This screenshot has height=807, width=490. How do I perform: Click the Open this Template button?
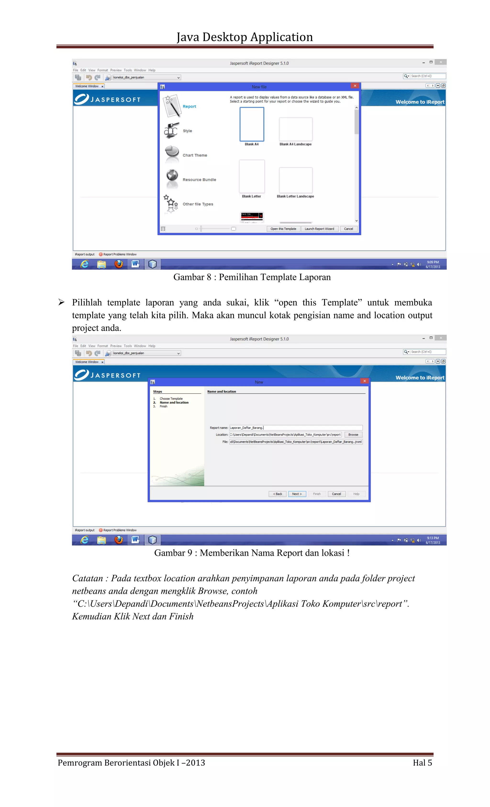[283, 229]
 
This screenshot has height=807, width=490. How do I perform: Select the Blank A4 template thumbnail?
[251, 124]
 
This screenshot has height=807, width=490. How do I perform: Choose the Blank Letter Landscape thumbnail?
[295, 180]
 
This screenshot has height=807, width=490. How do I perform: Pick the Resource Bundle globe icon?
[172, 176]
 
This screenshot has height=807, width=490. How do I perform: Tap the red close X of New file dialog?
[355, 86]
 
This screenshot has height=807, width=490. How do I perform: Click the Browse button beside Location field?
[353, 435]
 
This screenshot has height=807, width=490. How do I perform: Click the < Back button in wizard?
[278, 494]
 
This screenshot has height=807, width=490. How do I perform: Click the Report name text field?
[295, 428]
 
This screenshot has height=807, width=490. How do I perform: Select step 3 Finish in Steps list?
[163, 406]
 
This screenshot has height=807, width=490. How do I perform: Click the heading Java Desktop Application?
[245, 37]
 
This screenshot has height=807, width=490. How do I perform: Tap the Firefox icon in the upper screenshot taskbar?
[119, 264]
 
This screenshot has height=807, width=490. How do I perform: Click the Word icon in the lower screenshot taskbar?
[135, 540]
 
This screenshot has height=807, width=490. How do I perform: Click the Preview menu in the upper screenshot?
[116, 70]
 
